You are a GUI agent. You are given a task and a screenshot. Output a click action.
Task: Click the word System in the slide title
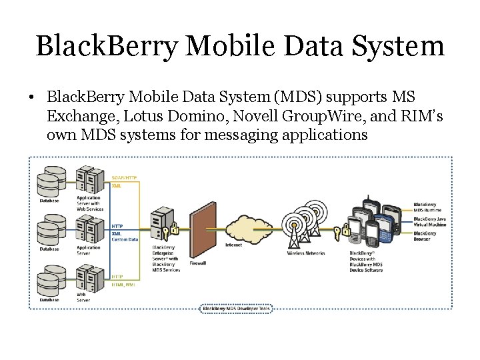click(400, 47)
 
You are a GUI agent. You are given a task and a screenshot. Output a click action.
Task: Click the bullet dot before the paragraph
click(31, 98)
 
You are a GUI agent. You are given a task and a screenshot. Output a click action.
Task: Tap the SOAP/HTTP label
click(125, 178)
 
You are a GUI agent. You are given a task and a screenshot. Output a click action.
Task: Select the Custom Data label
click(125, 239)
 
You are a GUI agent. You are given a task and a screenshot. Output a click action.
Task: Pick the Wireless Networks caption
click(305, 253)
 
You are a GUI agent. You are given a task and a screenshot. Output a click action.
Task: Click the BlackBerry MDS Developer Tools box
click(237, 309)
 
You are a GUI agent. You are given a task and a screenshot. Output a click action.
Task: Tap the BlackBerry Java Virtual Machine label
click(429, 221)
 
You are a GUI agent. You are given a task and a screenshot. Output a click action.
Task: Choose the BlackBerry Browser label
click(425, 235)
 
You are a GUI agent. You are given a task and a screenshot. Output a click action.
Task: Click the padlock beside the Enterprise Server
click(175, 229)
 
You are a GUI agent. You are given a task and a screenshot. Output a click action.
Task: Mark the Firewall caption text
click(198, 263)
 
